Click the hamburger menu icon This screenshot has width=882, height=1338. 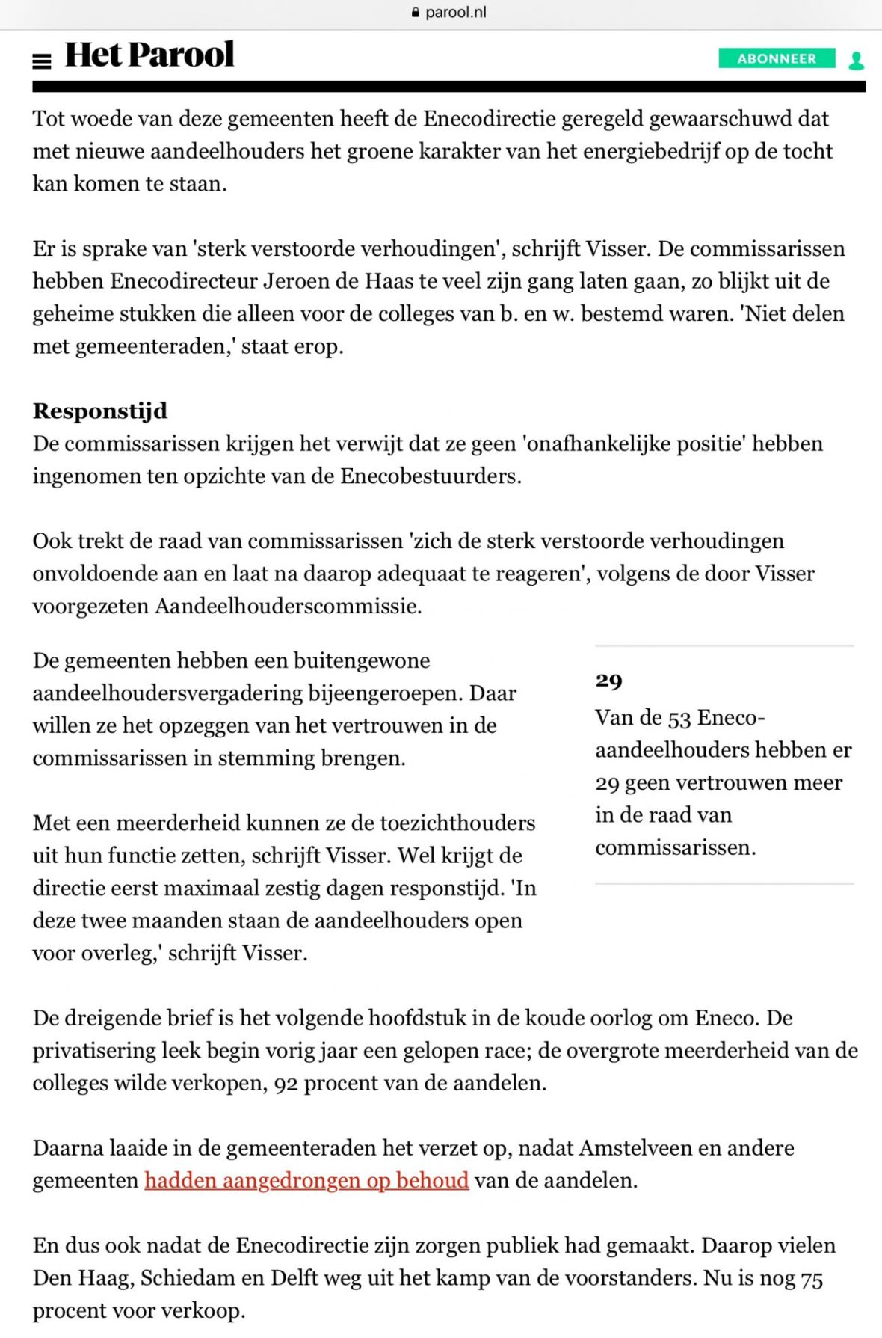[x=42, y=61]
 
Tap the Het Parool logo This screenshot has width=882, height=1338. [x=149, y=55]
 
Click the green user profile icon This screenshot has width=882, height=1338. [x=856, y=60]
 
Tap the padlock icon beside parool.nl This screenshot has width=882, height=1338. [x=416, y=13]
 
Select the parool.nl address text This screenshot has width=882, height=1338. [x=455, y=13]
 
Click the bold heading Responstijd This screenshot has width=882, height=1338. [x=100, y=411]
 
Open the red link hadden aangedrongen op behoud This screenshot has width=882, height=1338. [x=306, y=1180]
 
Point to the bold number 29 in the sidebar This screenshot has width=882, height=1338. [x=608, y=680]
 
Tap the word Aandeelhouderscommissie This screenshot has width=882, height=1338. [x=288, y=606]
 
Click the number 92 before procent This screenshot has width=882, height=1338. [x=286, y=1083]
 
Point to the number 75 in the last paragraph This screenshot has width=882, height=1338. [x=811, y=1278]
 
